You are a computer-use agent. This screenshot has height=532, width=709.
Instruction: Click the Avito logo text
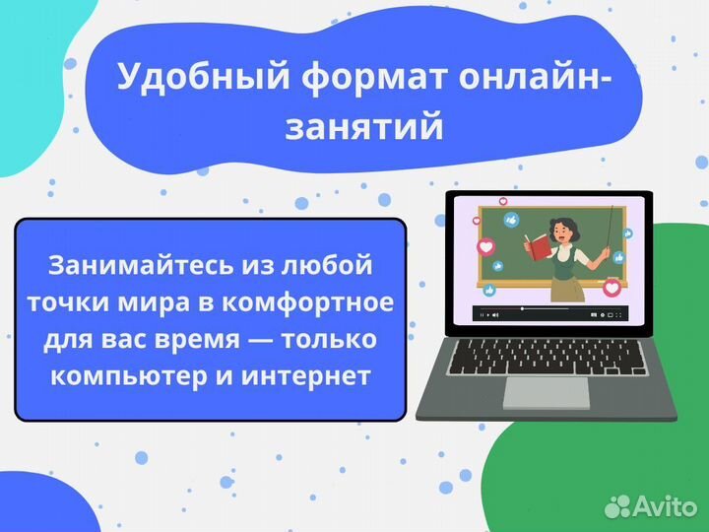[x=664, y=506]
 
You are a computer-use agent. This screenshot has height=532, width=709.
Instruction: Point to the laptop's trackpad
[x=547, y=392]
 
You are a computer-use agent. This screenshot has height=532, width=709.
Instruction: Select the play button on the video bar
[x=483, y=314]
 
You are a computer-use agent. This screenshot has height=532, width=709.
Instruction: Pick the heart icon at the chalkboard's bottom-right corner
[x=612, y=288]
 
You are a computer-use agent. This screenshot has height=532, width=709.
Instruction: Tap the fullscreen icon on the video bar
[x=617, y=314]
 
